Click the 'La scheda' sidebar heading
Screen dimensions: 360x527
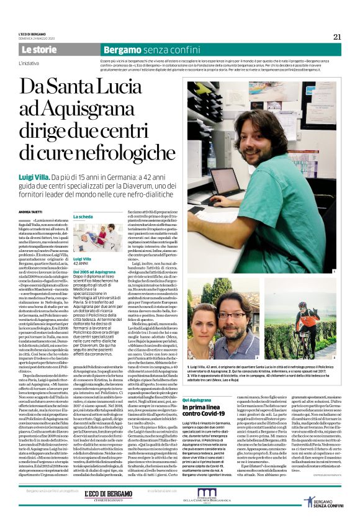coord(84,217)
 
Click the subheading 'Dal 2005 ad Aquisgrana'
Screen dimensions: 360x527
coord(97,272)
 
